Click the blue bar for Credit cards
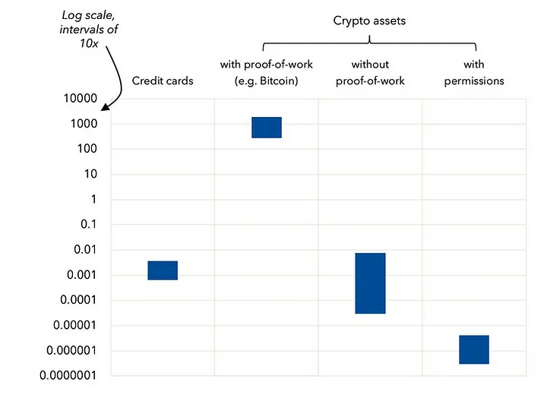pyautogui.click(x=163, y=270)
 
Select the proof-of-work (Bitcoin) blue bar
pyautogui.click(x=267, y=128)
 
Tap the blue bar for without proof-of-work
pyautogui.click(x=370, y=283)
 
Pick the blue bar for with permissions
pyautogui.click(x=474, y=349)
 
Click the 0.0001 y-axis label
pyautogui.click(x=81, y=300)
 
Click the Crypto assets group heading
pyautogui.click(x=369, y=21)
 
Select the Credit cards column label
pyautogui.click(x=163, y=81)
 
